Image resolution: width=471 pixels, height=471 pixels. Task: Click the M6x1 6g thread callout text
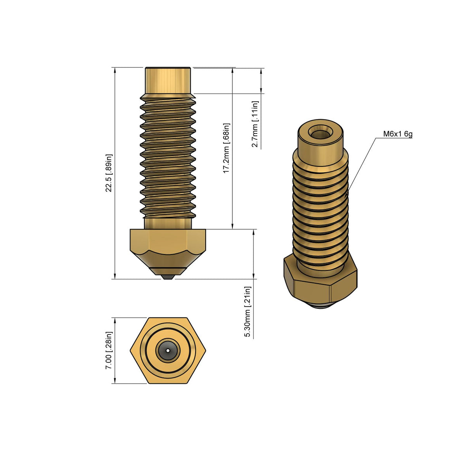click(398, 134)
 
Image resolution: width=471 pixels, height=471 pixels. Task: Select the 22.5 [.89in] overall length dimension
click(109, 173)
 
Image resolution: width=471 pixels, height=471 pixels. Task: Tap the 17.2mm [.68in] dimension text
click(227, 148)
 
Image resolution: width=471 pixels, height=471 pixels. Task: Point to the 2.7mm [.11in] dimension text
click(255, 124)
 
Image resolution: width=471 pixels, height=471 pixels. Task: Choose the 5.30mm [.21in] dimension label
click(248, 312)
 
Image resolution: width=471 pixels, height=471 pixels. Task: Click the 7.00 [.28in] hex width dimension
click(109, 350)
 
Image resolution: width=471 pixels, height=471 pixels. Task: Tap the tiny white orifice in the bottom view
click(168, 350)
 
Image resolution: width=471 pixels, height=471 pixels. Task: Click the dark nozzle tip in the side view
click(168, 277)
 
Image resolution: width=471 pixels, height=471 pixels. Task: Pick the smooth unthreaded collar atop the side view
click(168, 81)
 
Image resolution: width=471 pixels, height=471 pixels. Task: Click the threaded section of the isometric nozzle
click(320, 210)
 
